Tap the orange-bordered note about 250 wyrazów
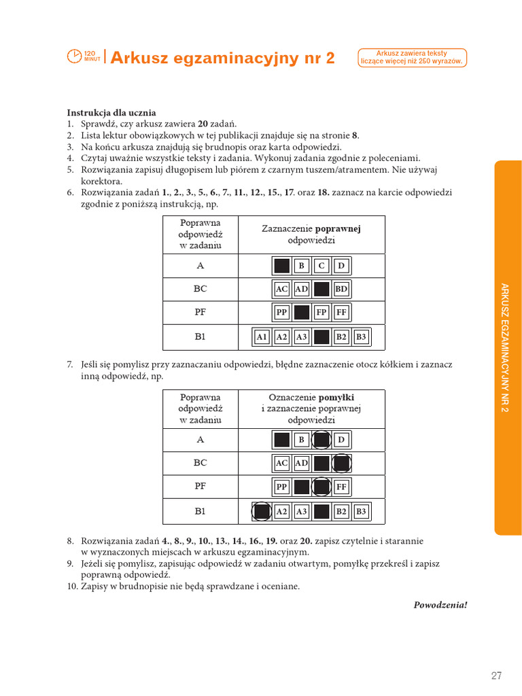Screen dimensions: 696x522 click(x=412, y=57)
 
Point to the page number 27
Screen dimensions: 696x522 click(x=496, y=675)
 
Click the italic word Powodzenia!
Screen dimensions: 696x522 click(x=440, y=604)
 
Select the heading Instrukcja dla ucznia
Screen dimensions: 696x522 click(x=111, y=112)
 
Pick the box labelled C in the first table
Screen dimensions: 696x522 click(x=321, y=266)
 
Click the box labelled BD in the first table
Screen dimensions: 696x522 click(x=341, y=290)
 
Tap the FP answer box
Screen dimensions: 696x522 click(x=321, y=313)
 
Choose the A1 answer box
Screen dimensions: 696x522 click(x=262, y=336)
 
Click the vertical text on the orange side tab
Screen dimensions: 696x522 click(x=506, y=347)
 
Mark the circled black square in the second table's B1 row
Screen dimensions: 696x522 click(x=262, y=511)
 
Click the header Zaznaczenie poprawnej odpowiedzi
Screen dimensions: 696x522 click(x=311, y=234)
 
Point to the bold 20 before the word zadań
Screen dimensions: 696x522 click(x=203, y=124)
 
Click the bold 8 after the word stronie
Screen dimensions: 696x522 click(x=354, y=135)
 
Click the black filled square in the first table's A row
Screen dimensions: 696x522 click(x=281, y=266)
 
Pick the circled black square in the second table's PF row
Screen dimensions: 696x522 click(x=321, y=487)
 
